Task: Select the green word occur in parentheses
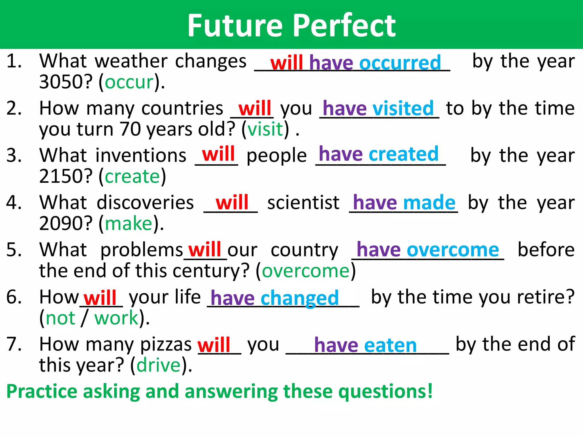click(129, 83)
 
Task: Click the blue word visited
click(403, 108)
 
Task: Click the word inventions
click(141, 156)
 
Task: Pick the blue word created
click(403, 154)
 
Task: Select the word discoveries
click(145, 203)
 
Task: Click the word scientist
click(303, 203)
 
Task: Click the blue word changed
click(299, 298)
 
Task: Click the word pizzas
click(166, 345)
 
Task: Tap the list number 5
click(14, 250)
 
